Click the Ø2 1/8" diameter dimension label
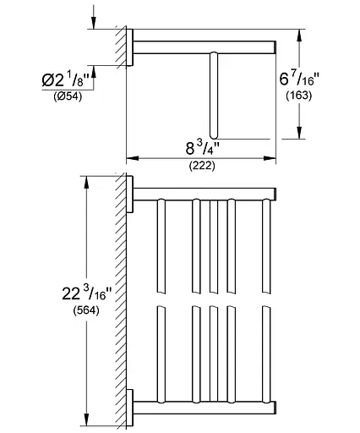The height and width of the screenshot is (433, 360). [65, 80]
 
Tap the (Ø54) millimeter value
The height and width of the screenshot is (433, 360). [68, 96]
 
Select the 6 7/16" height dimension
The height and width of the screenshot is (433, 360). [299, 79]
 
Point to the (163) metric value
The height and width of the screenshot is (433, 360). [299, 96]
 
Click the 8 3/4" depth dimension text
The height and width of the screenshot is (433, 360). [202, 148]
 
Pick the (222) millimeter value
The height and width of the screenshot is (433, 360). [202, 166]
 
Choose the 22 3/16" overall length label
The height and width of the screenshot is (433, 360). [87, 293]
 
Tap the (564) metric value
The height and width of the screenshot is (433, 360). [86, 310]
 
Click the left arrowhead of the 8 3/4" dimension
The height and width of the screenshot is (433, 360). [133, 158]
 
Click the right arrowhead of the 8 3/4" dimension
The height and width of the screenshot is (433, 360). [270, 158]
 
